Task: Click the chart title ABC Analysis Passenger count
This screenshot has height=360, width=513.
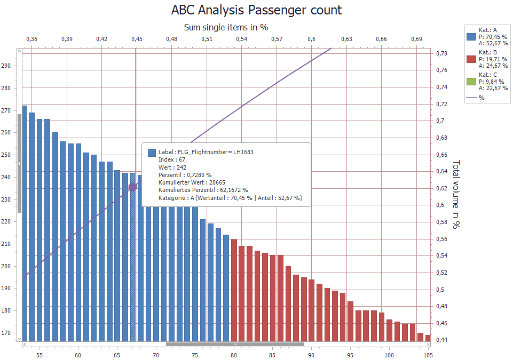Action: [x=256, y=10]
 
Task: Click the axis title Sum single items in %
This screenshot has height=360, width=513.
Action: [x=226, y=27]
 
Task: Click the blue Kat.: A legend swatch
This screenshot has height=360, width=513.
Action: [x=471, y=37]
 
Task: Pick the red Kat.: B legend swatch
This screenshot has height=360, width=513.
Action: [x=471, y=59]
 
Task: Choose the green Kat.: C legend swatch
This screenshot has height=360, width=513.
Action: [x=471, y=82]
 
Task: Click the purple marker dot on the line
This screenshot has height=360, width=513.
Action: [x=133, y=187]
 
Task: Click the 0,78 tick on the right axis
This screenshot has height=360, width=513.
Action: [x=441, y=53]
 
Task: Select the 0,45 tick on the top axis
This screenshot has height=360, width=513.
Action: [x=137, y=39]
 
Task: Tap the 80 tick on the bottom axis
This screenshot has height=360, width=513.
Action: [x=234, y=355]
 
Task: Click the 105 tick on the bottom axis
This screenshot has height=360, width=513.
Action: [x=428, y=355]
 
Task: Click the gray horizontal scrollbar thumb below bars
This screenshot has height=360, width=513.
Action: [x=235, y=345]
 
